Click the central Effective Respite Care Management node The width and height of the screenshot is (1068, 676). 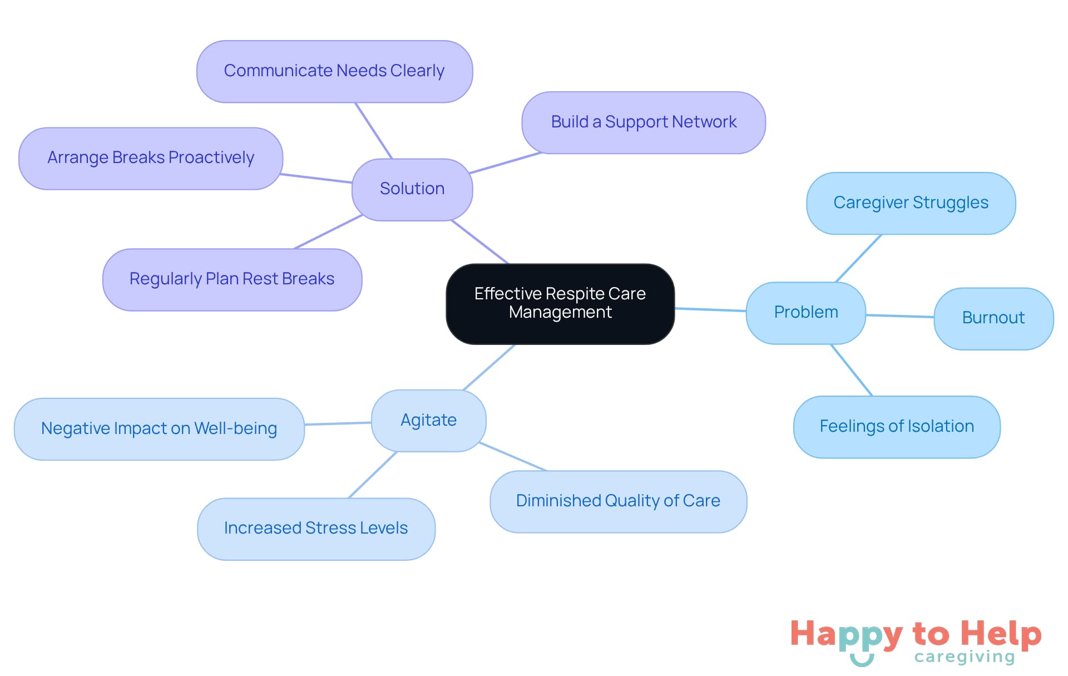coord(560,303)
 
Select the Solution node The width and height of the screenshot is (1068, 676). coord(412,189)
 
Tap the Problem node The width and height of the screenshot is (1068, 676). coord(805,312)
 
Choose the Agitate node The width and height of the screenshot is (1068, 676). coord(428,420)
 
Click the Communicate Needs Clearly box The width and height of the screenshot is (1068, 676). coord(334,71)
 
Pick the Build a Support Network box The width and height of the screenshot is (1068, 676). coord(644,122)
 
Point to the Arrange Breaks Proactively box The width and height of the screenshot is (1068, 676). coord(151,158)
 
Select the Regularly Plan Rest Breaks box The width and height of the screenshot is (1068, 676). coord(232,279)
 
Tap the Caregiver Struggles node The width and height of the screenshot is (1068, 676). coord(911,203)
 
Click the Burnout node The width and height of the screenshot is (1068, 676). coord(993,318)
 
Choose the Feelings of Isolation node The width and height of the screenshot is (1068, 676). coord(897,427)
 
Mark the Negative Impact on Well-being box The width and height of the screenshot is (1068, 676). coord(159,428)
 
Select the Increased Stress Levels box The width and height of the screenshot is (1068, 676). coord(316,529)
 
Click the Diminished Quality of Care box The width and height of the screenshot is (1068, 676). coord(618,501)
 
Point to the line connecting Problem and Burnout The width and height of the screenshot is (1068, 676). coord(899,316)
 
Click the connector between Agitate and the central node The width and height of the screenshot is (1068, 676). coord(489,367)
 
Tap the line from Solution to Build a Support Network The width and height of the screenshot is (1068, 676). coord(505,163)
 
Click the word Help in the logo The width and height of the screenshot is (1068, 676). coord(1001,634)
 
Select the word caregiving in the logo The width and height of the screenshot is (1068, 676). coord(965,657)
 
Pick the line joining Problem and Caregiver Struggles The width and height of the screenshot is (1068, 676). coord(858,258)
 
